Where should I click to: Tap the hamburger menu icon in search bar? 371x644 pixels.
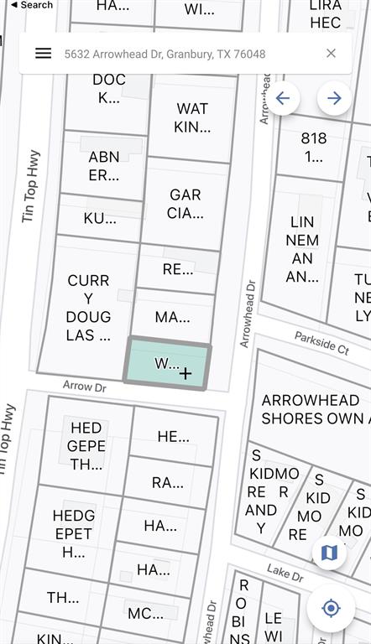(x=44, y=54)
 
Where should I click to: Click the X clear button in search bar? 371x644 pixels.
(x=331, y=54)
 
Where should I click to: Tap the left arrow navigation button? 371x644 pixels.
(x=282, y=98)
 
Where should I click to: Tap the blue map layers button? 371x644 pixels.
(x=329, y=553)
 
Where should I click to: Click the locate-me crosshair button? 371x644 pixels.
(x=330, y=607)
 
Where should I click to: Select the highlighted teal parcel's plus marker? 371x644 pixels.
(x=185, y=373)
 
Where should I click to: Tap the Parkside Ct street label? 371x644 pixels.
(x=321, y=342)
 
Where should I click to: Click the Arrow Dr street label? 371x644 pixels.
(x=85, y=387)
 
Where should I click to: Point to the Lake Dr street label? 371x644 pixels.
(x=285, y=574)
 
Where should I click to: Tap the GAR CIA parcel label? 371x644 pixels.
(x=185, y=204)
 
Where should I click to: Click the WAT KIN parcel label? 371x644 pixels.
(x=192, y=118)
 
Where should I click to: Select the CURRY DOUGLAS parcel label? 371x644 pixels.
(x=88, y=308)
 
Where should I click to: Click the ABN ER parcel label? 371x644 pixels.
(x=104, y=166)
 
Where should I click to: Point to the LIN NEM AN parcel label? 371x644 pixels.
(x=301, y=249)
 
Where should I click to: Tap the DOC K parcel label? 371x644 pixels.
(x=109, y=89)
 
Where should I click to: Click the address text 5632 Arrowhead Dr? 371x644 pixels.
(x=165, y=54)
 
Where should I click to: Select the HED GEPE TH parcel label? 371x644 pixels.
(x=86, y=446)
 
